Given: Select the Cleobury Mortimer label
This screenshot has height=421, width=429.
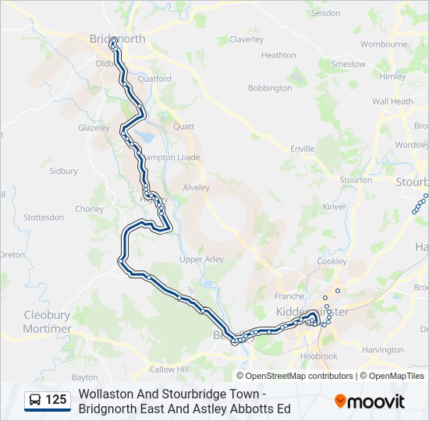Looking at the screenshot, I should [x=47, y=322].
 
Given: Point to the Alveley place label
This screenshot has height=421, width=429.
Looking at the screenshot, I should [x=197, y=188].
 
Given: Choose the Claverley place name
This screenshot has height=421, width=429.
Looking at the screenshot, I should [x=246, y=39].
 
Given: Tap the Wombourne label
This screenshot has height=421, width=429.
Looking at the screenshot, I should [x=385, y=44].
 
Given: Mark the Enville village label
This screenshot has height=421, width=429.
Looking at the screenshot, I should [x=302, y=148].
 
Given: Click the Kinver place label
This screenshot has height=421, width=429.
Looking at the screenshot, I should [x=334, y=207].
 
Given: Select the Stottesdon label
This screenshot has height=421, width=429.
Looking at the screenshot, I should [x=44, y=217].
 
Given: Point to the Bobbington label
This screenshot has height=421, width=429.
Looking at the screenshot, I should [x=270, y=88].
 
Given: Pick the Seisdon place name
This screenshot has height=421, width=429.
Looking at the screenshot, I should [x=325, y=13].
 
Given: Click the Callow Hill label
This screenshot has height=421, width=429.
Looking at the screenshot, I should [x=169, y=370].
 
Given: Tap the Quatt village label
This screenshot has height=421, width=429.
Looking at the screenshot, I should [x=183, y=126].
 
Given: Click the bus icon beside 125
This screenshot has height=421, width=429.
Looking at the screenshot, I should [x=36, y=401].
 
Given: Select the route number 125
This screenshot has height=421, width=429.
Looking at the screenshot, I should [x=56, y=401].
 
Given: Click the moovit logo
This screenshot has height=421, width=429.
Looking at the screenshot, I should [x=370, y=402].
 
